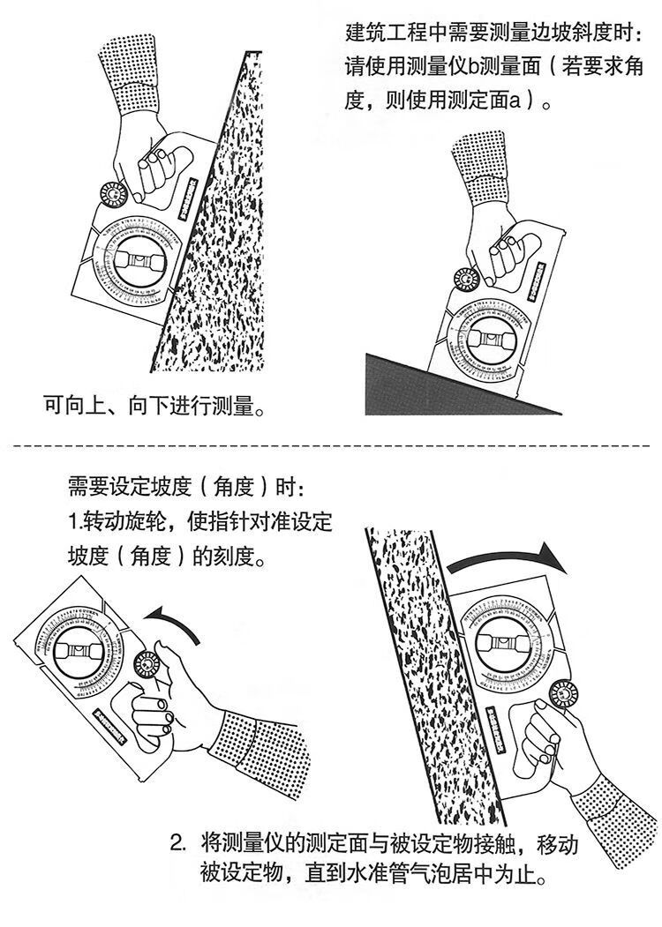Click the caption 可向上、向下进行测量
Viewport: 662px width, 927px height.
click(155, 407)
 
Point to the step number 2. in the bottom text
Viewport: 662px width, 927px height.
click(179, 842)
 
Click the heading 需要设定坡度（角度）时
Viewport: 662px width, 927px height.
click(188, 487)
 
